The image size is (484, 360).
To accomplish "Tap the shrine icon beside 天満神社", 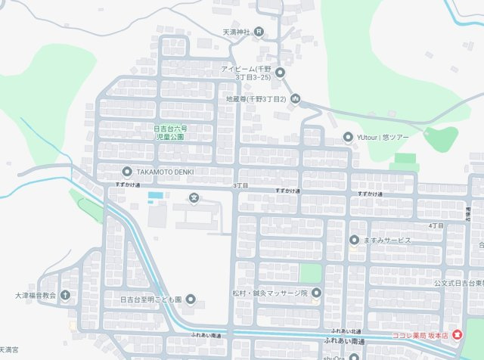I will click(x=259, y=32).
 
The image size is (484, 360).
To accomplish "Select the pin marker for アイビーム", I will click(x=280, y=73).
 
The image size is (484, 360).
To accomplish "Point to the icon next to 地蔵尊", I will click(x=296, y=99).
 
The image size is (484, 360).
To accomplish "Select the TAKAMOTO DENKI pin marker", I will click(x=126, y=172).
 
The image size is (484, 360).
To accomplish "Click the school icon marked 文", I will click(x=194, y=199).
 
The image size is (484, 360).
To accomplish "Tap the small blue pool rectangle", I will click(x=155, y=197).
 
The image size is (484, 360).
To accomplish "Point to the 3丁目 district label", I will click(x=240, y=185).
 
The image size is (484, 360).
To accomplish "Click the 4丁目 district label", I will click(x=436, y=225).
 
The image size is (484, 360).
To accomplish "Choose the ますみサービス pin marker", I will click(x=354, y=241).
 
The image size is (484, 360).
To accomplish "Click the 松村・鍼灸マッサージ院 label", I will click(x=270, y=293).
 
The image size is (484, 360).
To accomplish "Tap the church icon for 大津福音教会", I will click(x=66, y=295).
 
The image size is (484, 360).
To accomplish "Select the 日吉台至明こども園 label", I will click(x=151, y=300).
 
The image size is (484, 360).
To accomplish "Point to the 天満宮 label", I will click(x=8, y=350).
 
